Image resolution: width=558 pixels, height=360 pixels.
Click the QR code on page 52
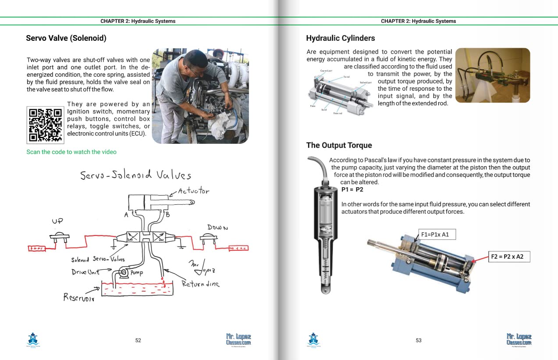46,125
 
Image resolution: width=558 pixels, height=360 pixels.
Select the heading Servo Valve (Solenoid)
66,38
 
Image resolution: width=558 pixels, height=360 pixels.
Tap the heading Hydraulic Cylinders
341,38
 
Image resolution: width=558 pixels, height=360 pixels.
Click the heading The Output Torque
339,145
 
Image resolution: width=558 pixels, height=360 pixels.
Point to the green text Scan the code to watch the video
71,152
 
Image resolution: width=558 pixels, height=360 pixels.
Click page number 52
138,340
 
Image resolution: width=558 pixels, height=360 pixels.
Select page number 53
419,340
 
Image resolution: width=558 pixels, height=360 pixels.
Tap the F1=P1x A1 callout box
435,235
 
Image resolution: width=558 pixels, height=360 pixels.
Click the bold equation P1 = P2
352,190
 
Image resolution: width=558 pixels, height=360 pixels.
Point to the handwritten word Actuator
193,191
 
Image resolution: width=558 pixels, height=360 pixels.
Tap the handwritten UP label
57,221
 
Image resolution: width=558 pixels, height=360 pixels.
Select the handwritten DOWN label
217,228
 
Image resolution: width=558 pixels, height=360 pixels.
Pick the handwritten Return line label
200,284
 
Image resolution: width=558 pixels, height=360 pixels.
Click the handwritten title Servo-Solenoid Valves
135,175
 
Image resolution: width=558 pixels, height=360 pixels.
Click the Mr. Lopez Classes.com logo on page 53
519,339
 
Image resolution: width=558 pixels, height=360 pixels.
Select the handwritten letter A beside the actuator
126,215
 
